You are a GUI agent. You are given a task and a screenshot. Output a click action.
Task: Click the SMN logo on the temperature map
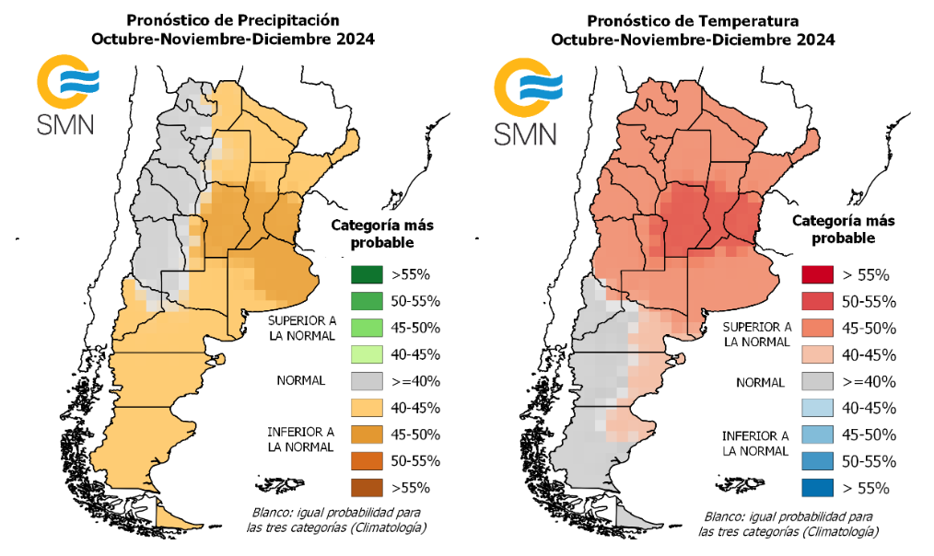click(525, 98)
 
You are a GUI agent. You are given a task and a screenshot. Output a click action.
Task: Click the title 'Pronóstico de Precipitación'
click(232, 18)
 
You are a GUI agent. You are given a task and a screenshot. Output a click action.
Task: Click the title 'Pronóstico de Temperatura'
click(693, 18)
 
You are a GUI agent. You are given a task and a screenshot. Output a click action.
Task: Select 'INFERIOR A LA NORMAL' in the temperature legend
click(755, 443)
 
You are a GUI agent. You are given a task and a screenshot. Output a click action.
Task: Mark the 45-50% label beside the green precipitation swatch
click(416, 328)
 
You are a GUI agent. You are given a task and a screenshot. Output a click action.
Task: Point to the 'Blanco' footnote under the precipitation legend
click(338, 520)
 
